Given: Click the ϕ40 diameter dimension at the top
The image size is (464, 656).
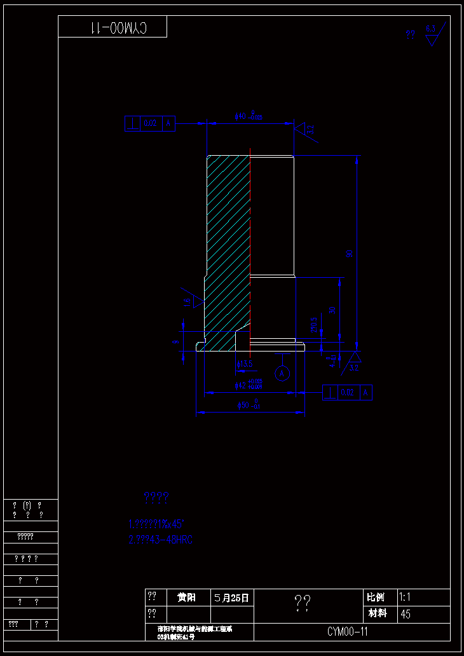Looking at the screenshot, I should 249,116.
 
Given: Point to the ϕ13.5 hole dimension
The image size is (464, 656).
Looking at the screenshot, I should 245,364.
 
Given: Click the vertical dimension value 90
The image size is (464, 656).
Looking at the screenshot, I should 349,253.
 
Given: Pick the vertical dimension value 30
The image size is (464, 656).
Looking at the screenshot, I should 332,310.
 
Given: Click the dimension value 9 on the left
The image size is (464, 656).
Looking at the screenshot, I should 177,341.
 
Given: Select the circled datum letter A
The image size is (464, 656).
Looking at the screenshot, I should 283,372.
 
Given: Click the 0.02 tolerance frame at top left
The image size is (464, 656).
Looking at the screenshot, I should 150,123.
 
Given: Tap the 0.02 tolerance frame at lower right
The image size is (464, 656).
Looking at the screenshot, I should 347,392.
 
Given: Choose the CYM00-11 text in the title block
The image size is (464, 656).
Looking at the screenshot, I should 348,632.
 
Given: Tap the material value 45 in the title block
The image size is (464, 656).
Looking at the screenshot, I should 406,615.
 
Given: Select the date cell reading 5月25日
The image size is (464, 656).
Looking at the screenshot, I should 232,598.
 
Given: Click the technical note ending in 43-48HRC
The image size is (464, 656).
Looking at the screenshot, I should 160,540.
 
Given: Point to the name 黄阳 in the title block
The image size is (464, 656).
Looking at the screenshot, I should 187,598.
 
